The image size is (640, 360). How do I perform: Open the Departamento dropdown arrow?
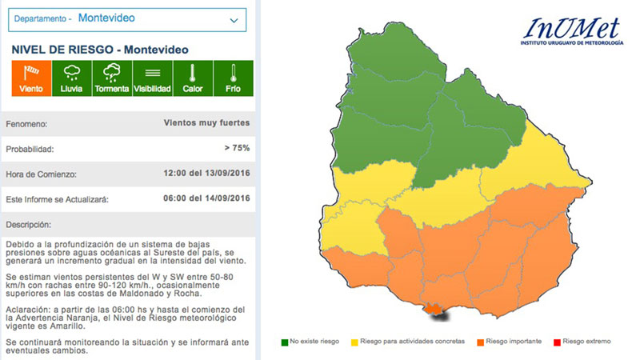(234, 18)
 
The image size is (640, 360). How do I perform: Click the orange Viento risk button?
(31, 78)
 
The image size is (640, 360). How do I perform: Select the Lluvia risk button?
(71, 78)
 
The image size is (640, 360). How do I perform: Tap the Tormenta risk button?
(111, 78)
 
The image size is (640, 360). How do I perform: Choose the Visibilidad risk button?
(152, 78)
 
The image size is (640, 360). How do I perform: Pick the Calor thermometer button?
(192, 78)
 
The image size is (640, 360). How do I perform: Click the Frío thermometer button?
(232, 78)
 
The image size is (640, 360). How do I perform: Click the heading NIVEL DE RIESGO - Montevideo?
(100, 50)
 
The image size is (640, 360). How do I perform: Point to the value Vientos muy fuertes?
(206, 123)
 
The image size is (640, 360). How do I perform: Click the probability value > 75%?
(238, 149)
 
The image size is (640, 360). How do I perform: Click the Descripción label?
(28, 224)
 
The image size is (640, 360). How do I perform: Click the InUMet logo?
(571, 32)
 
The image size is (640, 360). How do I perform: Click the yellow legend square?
(355, 343)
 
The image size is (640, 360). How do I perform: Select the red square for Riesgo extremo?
(556, 343)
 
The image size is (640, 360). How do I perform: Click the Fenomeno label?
(26, 124)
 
